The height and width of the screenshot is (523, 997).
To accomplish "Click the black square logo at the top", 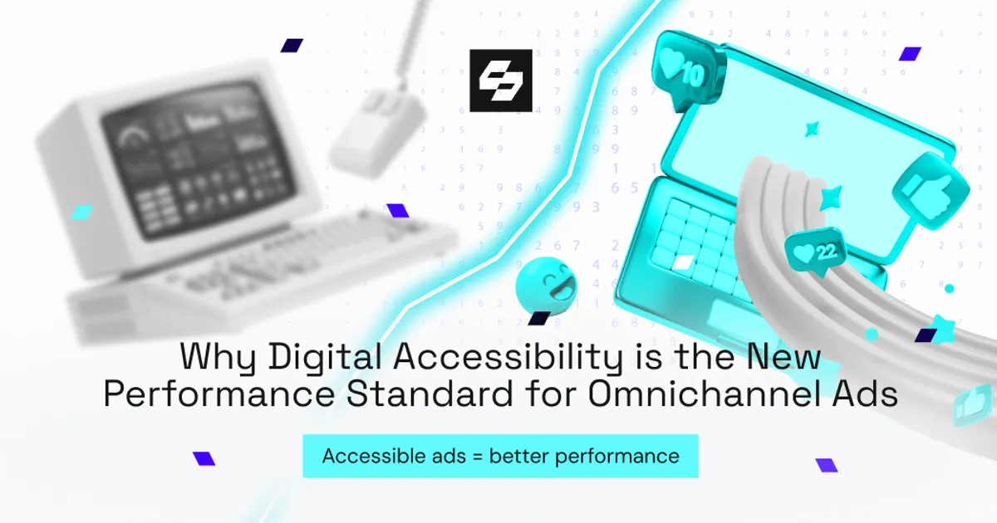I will pos(500,81).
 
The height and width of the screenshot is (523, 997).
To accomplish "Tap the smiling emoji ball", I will pos(545,287).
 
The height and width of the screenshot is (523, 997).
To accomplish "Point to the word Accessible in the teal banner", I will pos(365,456).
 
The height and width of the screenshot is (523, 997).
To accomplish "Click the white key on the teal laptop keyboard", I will pos(680,263).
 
